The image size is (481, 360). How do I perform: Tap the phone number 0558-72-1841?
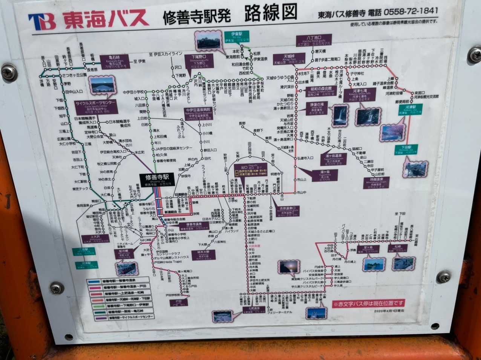411,12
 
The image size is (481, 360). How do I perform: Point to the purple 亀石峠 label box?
114,61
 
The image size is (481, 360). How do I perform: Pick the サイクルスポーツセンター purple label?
95,107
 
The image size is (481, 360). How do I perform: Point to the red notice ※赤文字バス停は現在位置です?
368,303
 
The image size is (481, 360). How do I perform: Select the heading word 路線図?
270,14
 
